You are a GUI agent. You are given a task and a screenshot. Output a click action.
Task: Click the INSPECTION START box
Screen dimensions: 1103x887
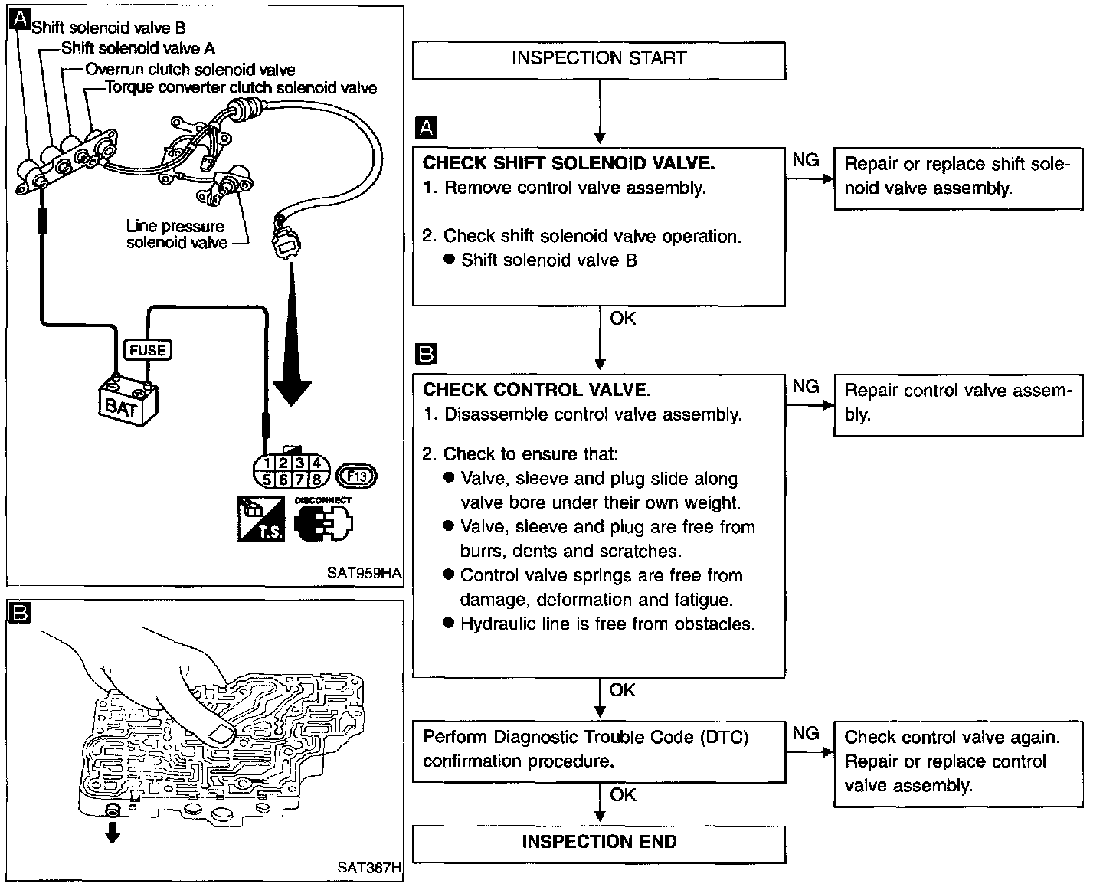(599, 61)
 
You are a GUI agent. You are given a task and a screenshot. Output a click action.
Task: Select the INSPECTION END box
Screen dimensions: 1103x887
(599, 844)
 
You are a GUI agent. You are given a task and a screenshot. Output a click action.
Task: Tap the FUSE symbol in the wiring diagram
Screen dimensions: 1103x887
(148, 350)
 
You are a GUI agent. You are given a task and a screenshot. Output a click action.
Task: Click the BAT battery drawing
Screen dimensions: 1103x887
(128, 401)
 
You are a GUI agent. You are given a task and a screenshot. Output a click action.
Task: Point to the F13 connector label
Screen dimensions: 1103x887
(357, 476)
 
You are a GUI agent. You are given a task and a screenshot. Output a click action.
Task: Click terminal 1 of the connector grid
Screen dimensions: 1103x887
(267, 463)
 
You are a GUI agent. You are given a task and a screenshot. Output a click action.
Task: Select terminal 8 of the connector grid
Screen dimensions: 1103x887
(317, 480)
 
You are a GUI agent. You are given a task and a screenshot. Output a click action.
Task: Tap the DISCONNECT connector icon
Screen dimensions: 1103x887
(323, 519)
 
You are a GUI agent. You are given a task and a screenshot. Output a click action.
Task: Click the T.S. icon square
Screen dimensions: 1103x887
(261, 519)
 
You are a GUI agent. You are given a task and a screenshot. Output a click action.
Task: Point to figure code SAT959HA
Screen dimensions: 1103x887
(364, 573)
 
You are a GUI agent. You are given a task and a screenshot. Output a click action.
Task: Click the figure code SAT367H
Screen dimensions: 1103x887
(369, 867)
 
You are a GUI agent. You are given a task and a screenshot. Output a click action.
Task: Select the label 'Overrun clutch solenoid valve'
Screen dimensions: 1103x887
(190, 69)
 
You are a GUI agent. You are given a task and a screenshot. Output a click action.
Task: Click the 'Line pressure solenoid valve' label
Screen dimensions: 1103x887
(176, 234)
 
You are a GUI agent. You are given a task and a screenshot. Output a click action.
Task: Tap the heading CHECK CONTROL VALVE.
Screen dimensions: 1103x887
(537, 390)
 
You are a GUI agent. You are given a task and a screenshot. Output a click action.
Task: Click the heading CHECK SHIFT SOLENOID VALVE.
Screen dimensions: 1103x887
(568, 163)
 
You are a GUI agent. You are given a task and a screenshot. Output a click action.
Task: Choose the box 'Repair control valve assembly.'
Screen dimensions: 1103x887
(958, 405)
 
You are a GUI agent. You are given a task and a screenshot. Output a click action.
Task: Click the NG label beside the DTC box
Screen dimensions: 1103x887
(805, 733)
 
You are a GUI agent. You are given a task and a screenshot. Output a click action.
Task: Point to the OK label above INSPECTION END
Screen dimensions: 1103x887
(623, 795)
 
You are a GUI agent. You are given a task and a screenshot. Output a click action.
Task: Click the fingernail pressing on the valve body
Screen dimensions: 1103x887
(222, 735)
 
